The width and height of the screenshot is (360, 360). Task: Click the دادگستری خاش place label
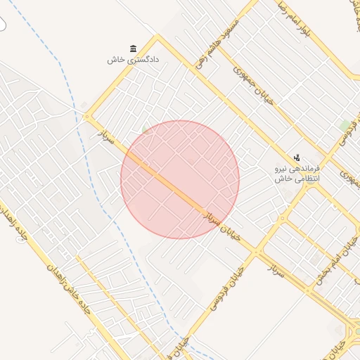point(134,60)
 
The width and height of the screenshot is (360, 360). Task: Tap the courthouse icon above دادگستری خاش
point(134,48)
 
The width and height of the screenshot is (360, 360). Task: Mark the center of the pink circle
point(180,179)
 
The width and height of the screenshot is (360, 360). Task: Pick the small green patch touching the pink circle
point(146,129)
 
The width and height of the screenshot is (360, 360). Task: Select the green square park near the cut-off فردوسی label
point(345,126)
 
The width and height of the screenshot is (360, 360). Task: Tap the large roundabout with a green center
point(356,331)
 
